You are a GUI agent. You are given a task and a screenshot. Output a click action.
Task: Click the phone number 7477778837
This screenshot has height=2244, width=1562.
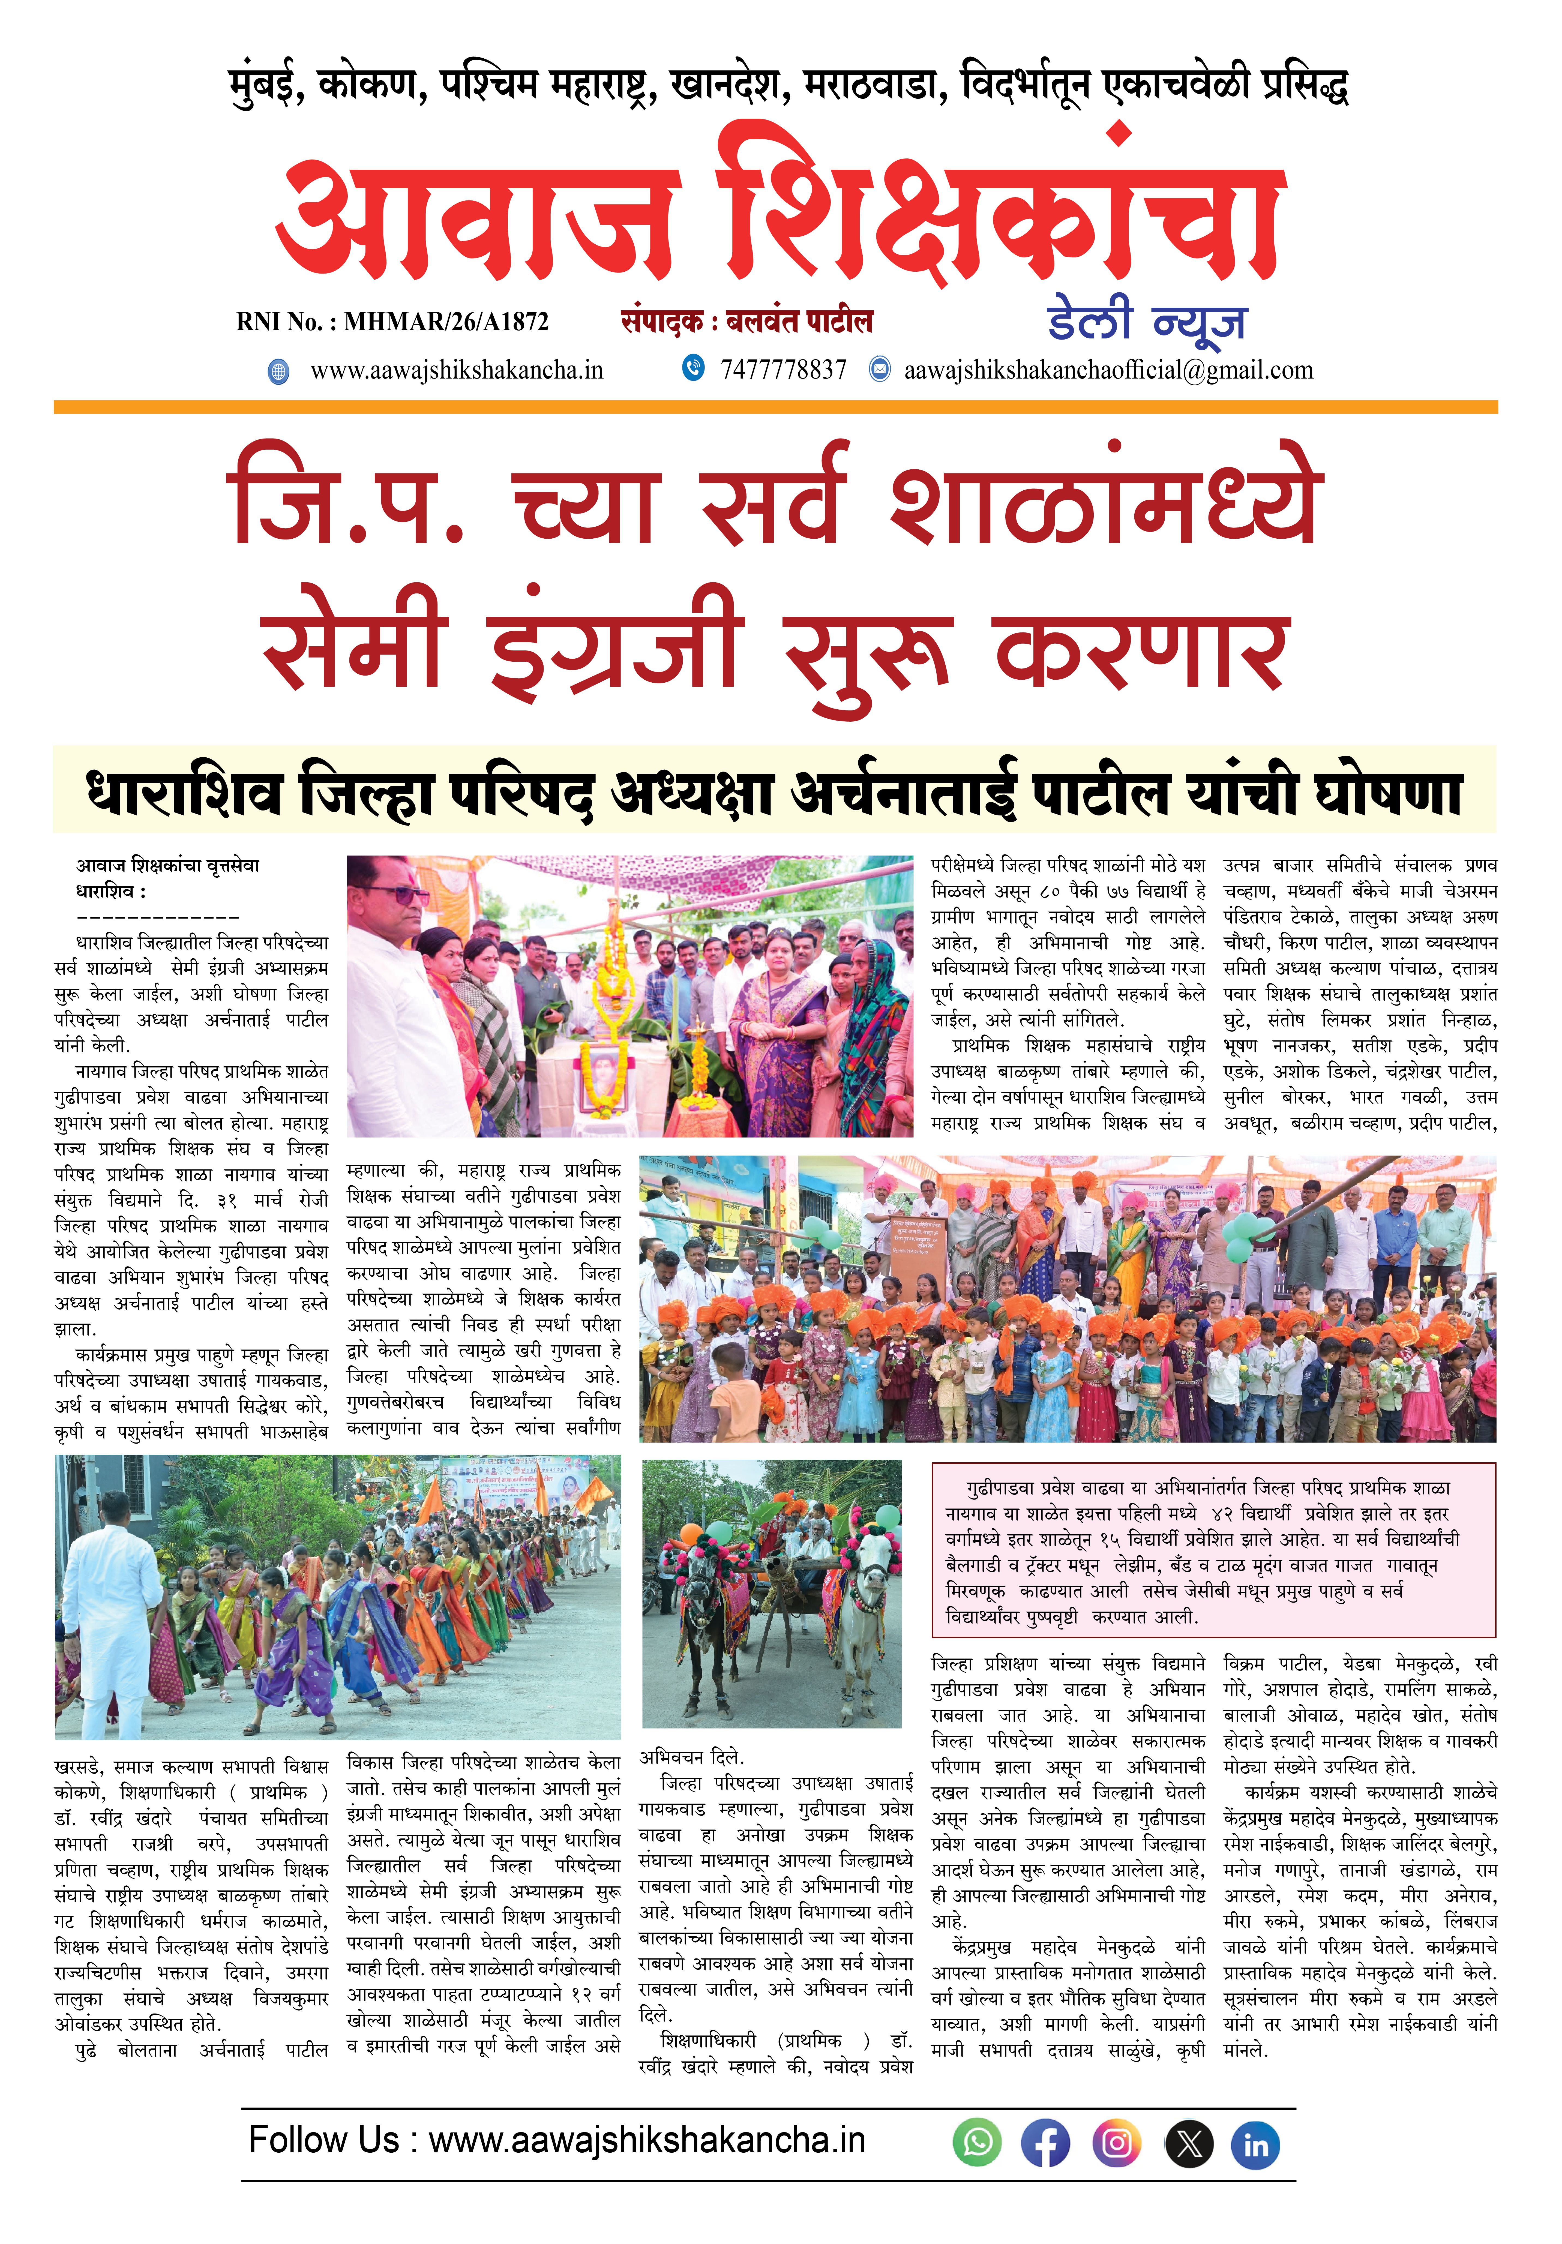(x=783, y=370)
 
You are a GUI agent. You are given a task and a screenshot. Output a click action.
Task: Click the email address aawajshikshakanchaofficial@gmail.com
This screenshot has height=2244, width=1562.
(x=1108, y=370)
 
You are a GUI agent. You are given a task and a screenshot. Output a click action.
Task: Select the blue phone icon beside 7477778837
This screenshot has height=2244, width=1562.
(x=693, y=368)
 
